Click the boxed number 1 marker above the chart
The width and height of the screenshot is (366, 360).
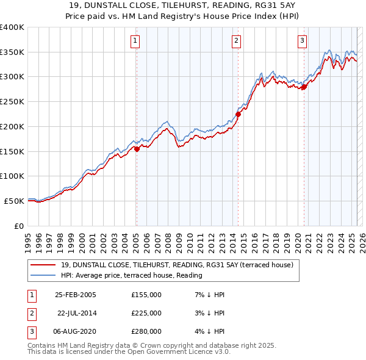[135, 41]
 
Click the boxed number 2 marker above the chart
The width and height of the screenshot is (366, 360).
[236, 41]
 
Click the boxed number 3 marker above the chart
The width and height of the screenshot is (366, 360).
[302, 41]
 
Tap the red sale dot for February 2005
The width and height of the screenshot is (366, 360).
[137, 148]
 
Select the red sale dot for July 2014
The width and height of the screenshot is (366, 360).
[239, 113]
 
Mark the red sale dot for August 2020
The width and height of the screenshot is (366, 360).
[304, 86]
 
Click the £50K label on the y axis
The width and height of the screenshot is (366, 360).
[15, 201]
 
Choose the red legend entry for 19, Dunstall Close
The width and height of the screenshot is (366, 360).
[177, 265]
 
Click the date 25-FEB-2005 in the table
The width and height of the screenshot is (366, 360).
[76, 295]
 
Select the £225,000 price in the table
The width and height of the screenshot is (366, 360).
[146, 313]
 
